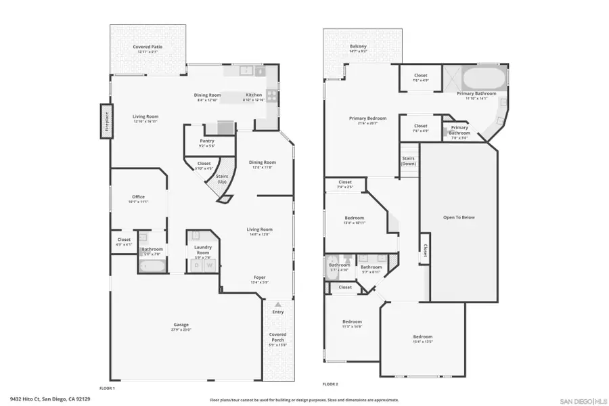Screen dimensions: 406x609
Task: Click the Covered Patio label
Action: point(148,47)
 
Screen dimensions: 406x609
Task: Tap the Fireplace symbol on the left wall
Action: point(106,121)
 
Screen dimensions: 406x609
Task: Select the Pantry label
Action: point(206,141)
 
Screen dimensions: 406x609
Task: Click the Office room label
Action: point(138,197)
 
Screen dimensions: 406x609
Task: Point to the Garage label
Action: point(181,324)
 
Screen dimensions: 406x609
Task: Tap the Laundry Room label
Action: point(204,249)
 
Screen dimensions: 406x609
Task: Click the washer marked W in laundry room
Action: point(209,265)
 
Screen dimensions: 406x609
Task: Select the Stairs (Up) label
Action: point(221,179)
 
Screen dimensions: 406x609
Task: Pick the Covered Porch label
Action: point(277,337)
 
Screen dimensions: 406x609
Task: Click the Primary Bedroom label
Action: point(367,118)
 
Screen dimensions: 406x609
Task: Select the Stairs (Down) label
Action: point(408,161)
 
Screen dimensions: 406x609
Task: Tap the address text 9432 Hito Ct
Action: point(50,399)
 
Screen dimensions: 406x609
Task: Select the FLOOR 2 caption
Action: point(330,384)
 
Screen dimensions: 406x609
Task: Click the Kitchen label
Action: point(253,95)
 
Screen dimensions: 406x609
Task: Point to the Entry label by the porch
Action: point(278,312)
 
